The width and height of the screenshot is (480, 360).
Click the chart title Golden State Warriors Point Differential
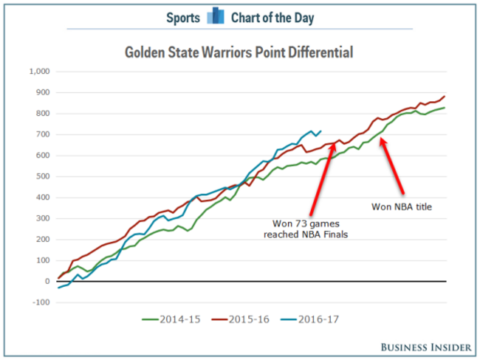coord(238,52)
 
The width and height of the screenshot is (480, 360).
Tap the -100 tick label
coord(39,302)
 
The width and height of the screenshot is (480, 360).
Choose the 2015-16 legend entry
coord(241,319)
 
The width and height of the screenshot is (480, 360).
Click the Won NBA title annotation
coord(401,207)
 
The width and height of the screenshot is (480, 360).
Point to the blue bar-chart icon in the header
coord(216,16)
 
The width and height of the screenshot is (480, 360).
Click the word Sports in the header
coord(182,16)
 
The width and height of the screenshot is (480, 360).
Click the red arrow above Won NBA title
coord(394,166)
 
